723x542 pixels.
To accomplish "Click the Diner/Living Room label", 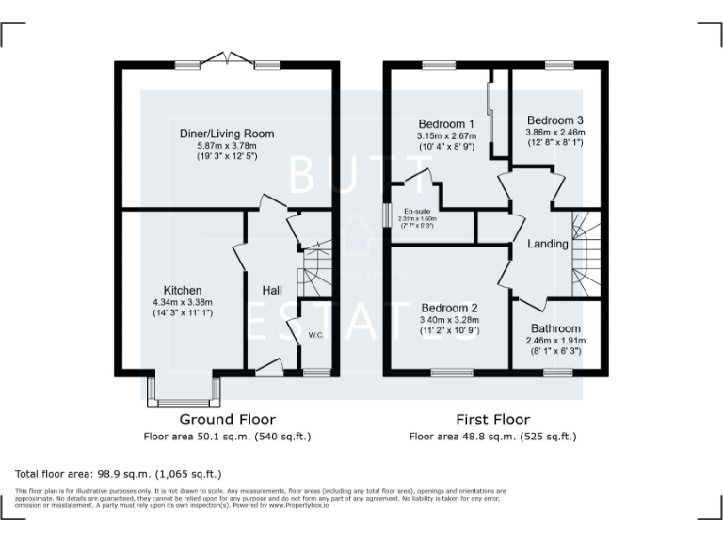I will point(227,134).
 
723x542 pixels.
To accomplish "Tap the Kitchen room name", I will point(183,290).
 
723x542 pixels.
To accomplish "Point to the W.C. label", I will point(315,334).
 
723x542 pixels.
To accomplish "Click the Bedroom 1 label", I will point(445,124).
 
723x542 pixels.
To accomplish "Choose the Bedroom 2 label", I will point(449,308).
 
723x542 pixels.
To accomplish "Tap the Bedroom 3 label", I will point(555,120).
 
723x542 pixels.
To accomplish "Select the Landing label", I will point(548,244).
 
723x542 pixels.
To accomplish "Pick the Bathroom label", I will point(554,328).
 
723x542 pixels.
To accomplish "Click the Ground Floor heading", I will point(227,420).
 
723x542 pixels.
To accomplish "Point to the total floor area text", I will point(118,474).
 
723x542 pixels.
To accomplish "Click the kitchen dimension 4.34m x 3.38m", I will point(183,302).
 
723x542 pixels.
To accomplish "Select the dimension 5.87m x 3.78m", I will point(227,146).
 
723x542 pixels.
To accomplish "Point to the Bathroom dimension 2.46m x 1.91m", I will point(554,340).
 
